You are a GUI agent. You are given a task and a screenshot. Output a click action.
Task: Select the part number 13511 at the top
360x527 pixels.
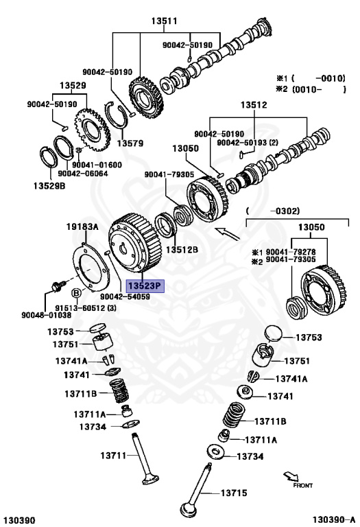tap(164, 21)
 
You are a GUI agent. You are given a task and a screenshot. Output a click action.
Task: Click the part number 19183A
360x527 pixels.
tap(82, 227)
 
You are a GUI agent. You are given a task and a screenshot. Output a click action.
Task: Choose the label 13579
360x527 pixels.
tap(130, 143)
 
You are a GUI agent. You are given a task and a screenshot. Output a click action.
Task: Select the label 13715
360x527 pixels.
tap(234, 493)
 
